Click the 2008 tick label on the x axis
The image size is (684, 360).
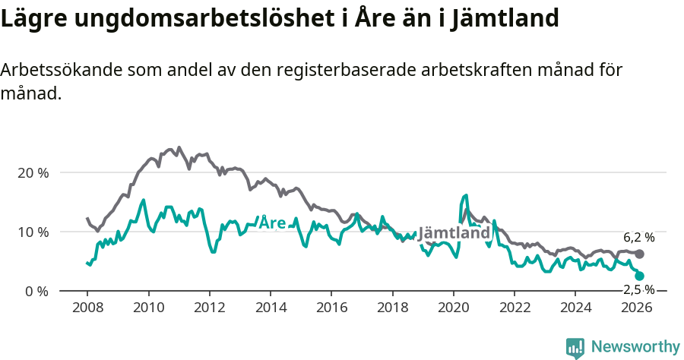pyautogui.click(x=87, y=308)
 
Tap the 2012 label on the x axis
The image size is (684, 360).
pyautogui.click(x=209, y=308)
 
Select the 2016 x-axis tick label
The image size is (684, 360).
pyautogui.click(x=331, y=308)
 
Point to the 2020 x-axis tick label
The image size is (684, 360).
pyautogui.click(x=453, y=308)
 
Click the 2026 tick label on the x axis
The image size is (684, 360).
pyautogui.click(x=636, y=308)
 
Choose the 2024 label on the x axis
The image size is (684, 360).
pyautogui.click(x=575, y=308)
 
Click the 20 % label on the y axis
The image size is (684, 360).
pyautogui.click(x=32, y=172)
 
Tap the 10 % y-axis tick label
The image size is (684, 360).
pyautogui.click(x=32, y=232)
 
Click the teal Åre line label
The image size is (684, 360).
pyautogui.click(x=272, y=223)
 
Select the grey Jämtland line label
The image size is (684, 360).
pyautogui.click(x=454, y=233)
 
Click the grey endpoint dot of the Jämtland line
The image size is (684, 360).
pyautogui.click(x=639, y=254)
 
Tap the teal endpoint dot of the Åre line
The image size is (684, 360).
pyautogui.click(x=639, y=276)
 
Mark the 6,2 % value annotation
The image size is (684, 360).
pyautogui.click(x=638, y=238)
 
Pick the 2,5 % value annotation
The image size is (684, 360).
pyautogui.click(x=638, y=289)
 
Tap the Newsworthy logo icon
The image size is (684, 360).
pyautogui.click(x=575, y=347)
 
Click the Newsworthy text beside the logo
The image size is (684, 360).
pyautogui.click(x=635, y=347)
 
